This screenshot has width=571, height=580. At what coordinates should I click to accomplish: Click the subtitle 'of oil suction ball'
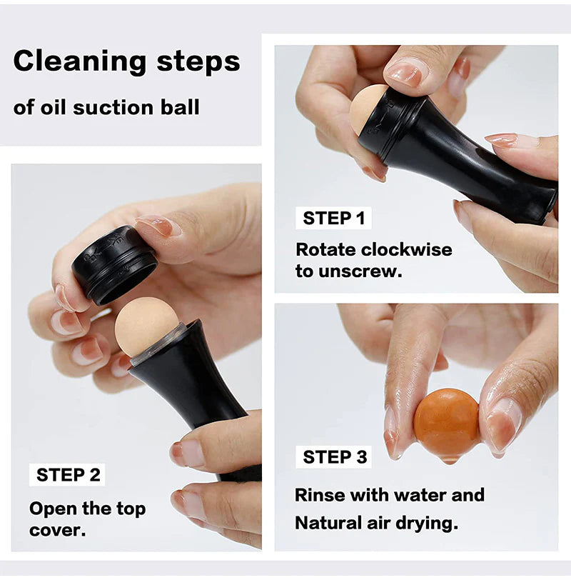click(106, 108)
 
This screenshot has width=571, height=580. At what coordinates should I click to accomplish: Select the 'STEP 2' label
click(69, 475)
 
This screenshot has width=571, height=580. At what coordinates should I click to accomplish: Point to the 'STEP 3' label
click(335, 457)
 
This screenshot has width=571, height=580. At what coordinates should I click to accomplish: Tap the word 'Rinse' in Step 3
click(320, 495)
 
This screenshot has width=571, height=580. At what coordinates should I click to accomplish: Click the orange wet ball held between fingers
click(446, 423)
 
